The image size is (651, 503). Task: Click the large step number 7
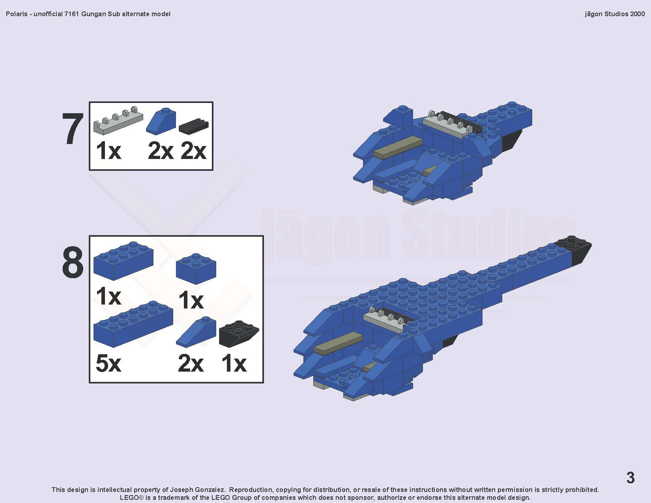click(x=73, y=129)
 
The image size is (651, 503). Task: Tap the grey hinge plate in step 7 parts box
click(x=118, y=120)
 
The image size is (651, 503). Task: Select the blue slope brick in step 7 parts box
click(x=161, y=120)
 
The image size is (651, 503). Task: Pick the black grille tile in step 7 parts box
click(x=194, y=126)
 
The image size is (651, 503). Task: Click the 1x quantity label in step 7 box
click(x=108, y=151)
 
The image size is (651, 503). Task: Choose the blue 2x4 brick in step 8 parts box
click(x=123, y=261)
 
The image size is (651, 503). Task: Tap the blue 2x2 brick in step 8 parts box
click(x=196, y=269)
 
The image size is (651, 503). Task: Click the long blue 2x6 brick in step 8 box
click(x=133, y=324)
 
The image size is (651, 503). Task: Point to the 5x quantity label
click(x=108, y=364)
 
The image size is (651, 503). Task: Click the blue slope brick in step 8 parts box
click(x=196, y=332)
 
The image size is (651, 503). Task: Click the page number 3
click(x=630, y=478)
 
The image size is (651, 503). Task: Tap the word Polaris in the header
click(x=17, y=14)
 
